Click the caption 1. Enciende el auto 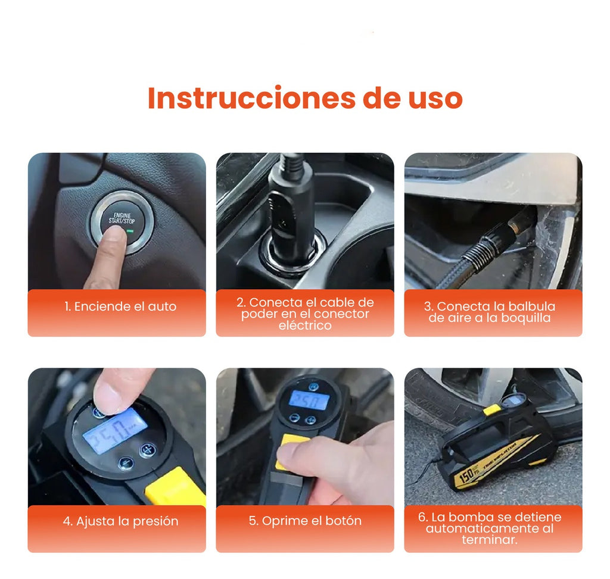pos(121,307)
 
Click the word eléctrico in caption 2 pos(304,326)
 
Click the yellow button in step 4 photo pos(173,485)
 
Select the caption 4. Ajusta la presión pos(121,521)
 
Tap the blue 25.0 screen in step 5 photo pos(309,399)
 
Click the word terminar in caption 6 pos(490,540)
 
